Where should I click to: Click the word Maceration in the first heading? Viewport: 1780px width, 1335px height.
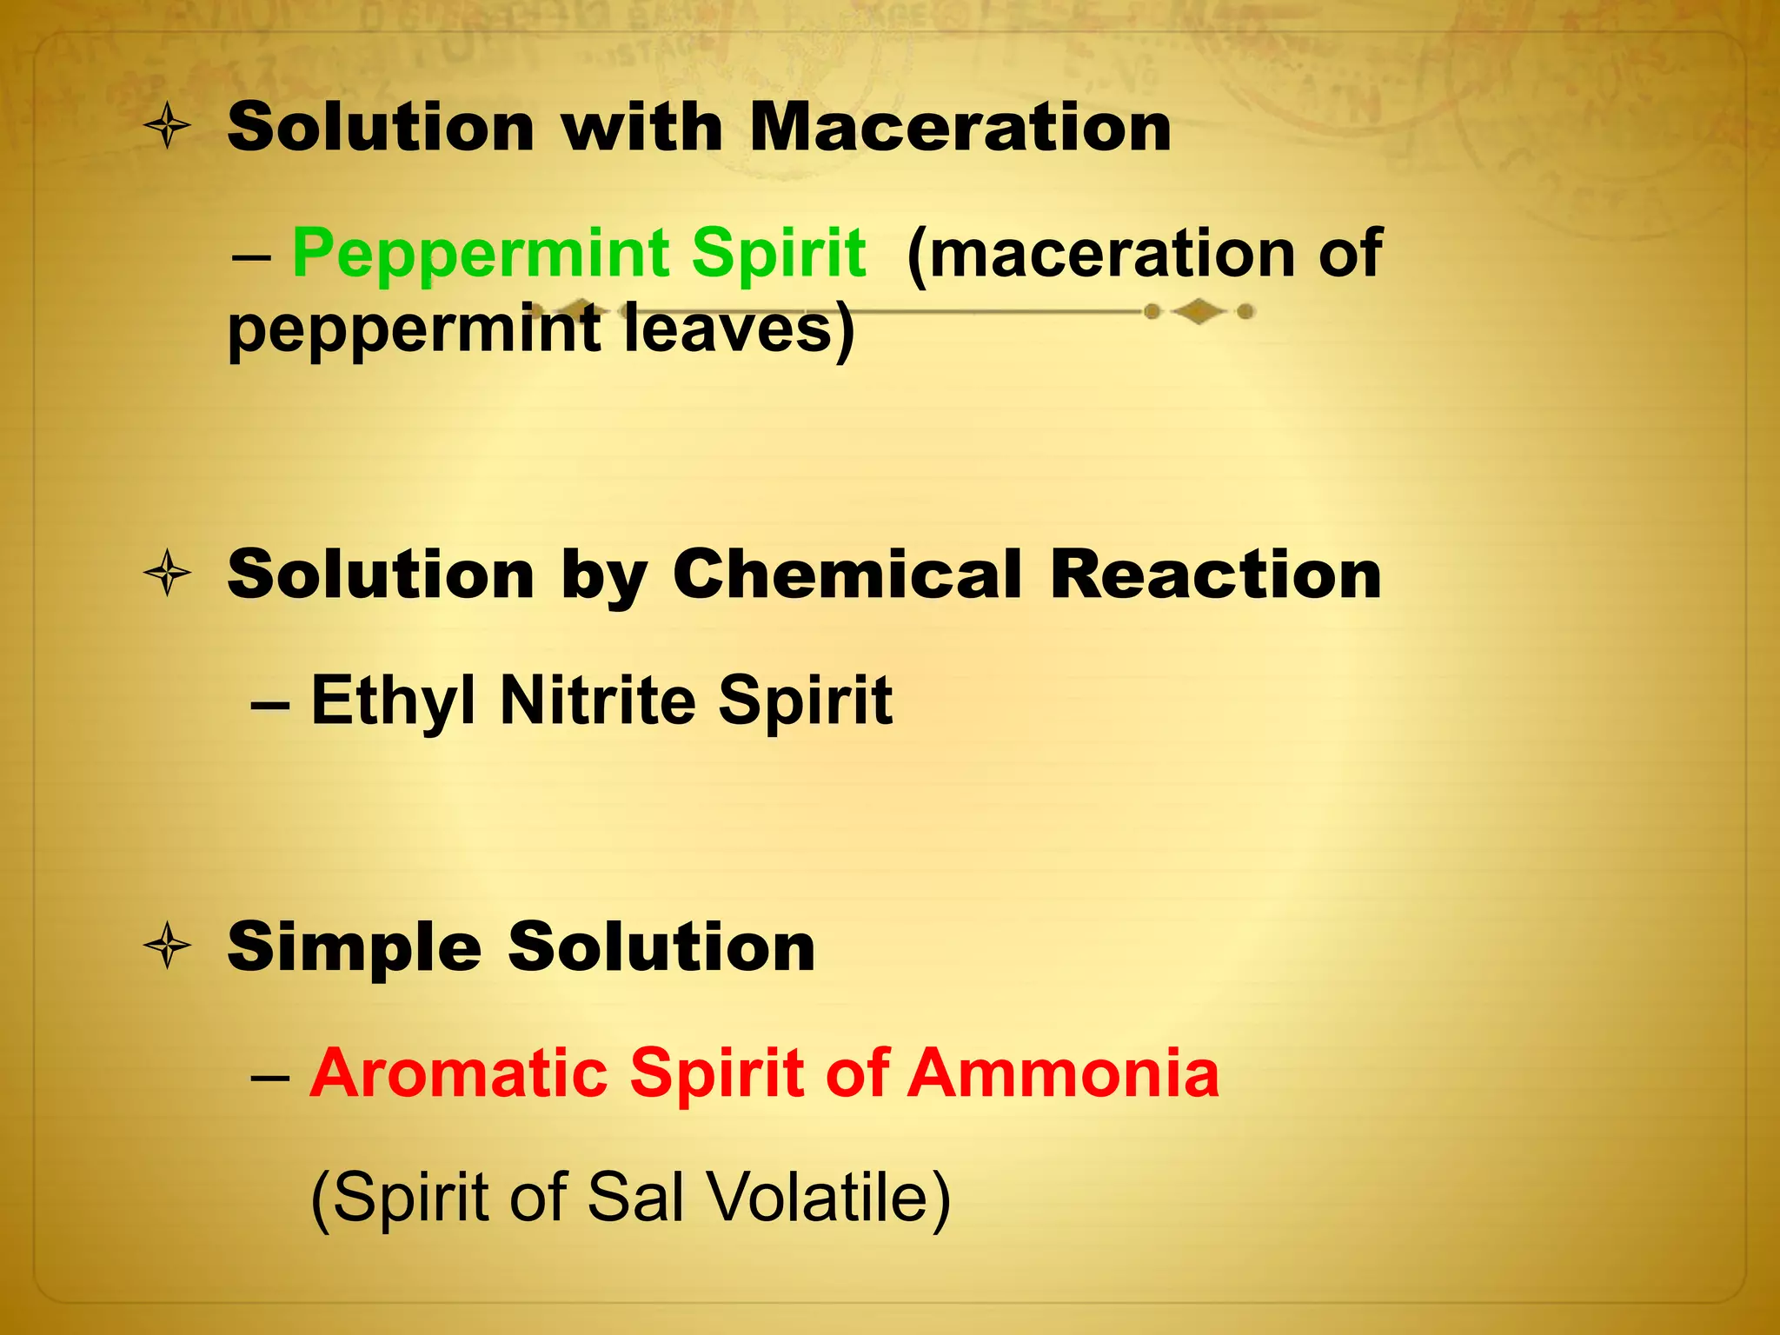tap(960, 129)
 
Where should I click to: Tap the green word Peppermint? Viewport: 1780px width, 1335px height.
tap(480, 254)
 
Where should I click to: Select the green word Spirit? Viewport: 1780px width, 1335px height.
tap(779, 254)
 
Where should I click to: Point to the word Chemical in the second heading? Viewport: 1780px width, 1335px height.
tap(847, 575)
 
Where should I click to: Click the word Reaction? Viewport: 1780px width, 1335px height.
tap(1215, 575)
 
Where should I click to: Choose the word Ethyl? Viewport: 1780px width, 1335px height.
tap(393, 701)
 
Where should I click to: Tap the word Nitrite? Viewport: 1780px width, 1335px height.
tap(598, 701)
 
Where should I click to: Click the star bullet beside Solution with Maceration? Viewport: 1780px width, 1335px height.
tap(167, 127)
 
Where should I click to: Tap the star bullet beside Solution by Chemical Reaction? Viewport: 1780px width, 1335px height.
tap(167, 574)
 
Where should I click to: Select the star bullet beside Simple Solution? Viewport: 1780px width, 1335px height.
tap(167, 946)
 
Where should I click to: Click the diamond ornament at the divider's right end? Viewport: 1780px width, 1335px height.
tap(1199, 311)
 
